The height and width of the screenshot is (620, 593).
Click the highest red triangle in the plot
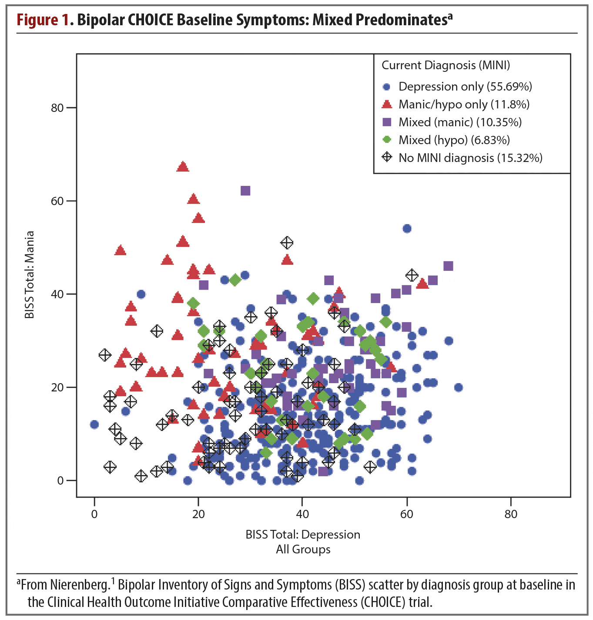pos(183,167)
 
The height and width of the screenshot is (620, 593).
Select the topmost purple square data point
pos(245,191)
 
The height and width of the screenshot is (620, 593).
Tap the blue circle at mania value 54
pos(407,229)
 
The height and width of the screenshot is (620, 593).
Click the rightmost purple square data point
pos(448,266)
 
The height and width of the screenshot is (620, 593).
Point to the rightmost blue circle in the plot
pos(458,387)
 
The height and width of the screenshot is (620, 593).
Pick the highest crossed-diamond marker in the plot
pos(287,243)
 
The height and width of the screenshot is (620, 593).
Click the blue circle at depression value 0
pos(94,425)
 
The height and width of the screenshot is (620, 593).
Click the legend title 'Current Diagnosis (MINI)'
pos(446,65)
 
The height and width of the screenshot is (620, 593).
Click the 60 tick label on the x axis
pos(406,514)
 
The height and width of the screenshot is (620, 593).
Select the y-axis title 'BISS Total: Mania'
pos(30,275)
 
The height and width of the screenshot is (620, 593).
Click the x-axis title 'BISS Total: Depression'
pos(303,535)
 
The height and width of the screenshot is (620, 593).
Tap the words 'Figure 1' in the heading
pos(43,20)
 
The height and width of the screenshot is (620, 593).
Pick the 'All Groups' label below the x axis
pos(303,549)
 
